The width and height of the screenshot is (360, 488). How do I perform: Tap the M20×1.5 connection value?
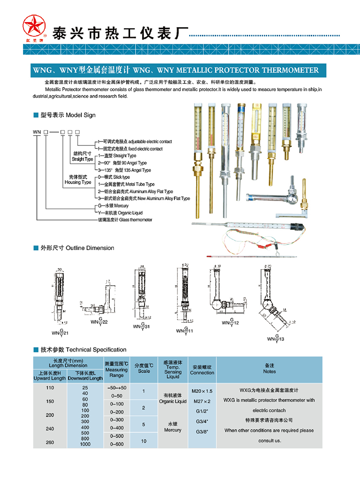pyautogui.click(x=202, y=391)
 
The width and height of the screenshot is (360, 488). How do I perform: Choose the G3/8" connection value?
pyautogui.click(x=202, y=431)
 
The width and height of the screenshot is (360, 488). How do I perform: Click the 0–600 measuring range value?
pyautogui.click(x=117, y=444)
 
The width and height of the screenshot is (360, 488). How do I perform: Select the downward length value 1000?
pyautogui.click(x=85, y=444)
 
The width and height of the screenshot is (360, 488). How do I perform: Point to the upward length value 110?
pyautogui.click(x=50, y=387)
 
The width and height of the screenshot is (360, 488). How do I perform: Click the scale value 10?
pyautogui.click(x=144, y=441)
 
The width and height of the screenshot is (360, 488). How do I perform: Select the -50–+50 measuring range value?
pyautogui.click(x=117, y=387)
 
